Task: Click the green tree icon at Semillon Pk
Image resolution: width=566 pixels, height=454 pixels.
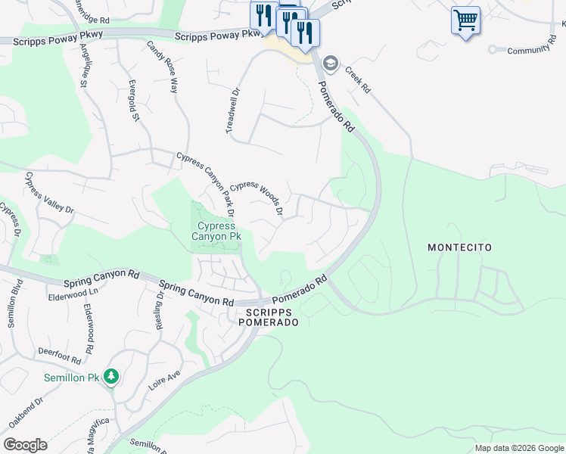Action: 111,376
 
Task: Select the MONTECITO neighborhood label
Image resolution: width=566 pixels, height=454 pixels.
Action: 459,247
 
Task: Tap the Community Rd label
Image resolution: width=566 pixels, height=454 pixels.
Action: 527,49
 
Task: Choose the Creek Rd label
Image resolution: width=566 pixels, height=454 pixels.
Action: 358,79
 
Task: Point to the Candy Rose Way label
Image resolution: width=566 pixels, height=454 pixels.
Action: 163,67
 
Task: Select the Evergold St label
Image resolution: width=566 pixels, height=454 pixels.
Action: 134,99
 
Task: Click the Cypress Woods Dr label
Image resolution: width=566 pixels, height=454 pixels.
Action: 257,197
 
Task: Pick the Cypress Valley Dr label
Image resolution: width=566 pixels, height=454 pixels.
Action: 50,192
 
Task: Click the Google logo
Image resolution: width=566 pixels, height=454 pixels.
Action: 25,445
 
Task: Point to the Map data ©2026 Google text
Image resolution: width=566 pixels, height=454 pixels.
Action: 518,448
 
